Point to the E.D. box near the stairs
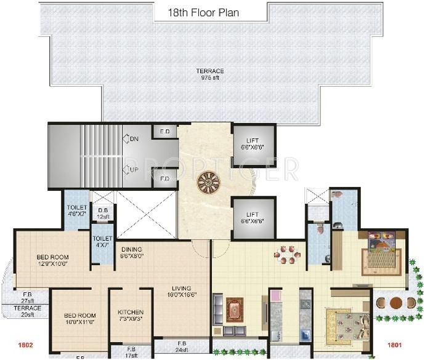(165, 132)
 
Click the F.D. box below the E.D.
(165, 179)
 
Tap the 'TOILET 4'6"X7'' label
(77, 211)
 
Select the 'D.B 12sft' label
(103, 213)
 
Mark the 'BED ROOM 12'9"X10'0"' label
(52, 260)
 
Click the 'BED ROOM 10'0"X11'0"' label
(80, 320)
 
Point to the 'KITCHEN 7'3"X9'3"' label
(131, 316)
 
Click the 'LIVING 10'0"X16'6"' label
(182, 292)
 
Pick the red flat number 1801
(395, 345)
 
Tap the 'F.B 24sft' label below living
(182, 346)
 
